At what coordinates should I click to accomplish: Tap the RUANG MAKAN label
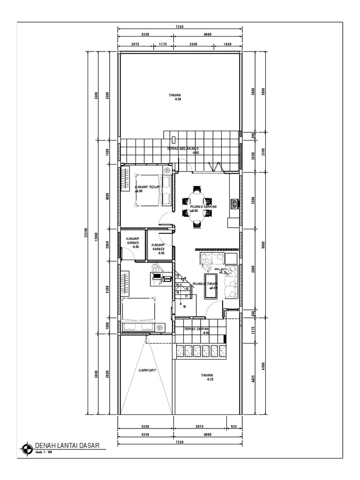(201, 206)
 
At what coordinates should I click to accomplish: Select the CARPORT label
(147, 370)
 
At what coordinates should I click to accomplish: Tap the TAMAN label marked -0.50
(175, 95)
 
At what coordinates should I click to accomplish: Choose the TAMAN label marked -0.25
(207, 375)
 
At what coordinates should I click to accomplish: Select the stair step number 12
(178, 276)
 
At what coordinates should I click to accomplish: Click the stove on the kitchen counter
(233, 203)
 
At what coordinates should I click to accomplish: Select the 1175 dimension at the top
(163, 45)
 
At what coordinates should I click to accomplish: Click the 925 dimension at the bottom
(234, 427)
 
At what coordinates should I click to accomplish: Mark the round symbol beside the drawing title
(26, 449)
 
